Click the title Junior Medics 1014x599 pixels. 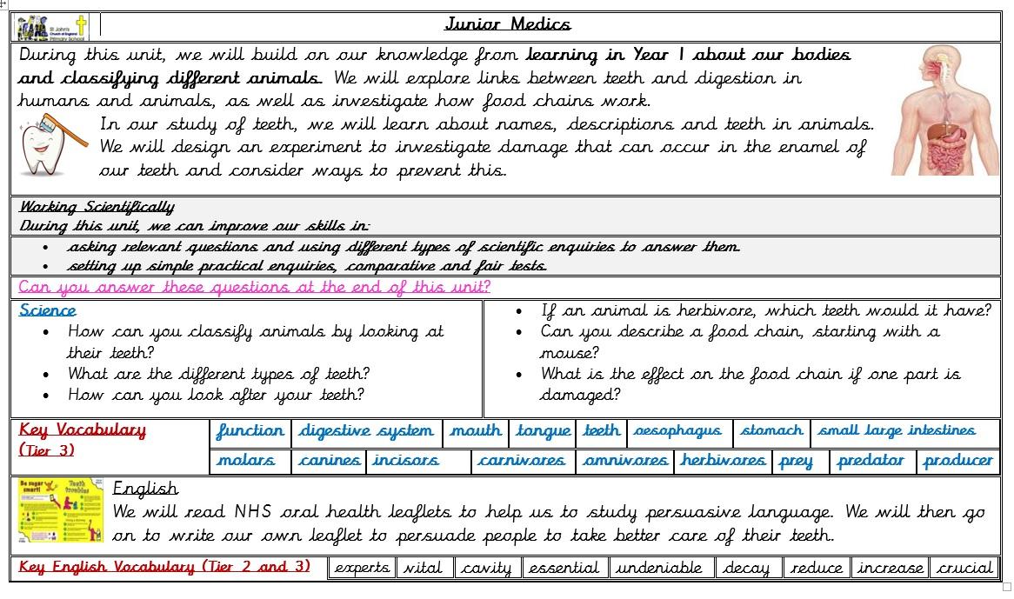point(508,24)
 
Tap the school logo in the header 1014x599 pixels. point(52,27)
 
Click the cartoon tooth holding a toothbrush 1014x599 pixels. point(52,144)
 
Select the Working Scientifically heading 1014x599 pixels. point(97,207)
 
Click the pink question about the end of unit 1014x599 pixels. point(254,287)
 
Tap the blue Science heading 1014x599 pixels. point(48,310)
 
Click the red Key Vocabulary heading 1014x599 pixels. point(83,430)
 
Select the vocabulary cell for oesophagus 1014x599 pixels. point(677,431)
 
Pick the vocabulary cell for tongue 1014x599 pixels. point(543,431)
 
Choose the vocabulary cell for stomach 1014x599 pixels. point(771,431)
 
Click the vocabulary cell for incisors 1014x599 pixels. point(406,461)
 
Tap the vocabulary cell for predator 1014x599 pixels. point(871,461)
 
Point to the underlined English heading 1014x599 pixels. point(145,489)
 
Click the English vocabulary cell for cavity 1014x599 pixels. point(486,568)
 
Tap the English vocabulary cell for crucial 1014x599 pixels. point(964,568)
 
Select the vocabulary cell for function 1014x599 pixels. point(250,431)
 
